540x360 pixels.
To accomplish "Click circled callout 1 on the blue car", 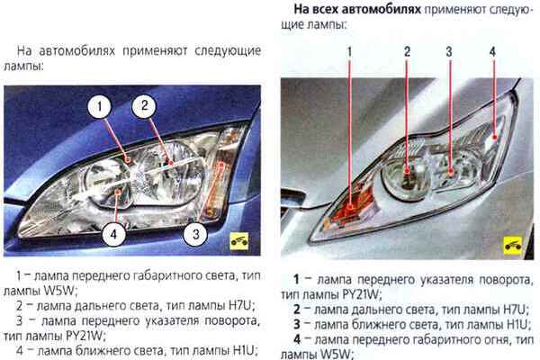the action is (x=100, y=106).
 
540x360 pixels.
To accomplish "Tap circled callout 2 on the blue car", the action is (x=145, y=105).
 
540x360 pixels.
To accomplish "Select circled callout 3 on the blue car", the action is (x=195, y=234).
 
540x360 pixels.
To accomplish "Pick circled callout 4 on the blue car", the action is (x=113, y=234).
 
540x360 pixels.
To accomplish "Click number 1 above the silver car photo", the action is (x=349, y=51).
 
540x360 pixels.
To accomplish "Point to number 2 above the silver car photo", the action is (x=407, y=51).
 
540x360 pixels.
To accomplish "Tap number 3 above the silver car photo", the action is (x=449, y=51).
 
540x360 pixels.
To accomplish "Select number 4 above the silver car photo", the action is (x=493, y=51).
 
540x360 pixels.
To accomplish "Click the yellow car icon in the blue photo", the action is (x=239, y=241).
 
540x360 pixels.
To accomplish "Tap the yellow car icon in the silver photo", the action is (x=513, y=246).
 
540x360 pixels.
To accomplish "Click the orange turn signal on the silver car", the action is (x=352, y=207).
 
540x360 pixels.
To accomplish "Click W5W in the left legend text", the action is (x=58, y=291).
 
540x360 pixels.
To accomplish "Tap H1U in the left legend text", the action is (x=245, y=350).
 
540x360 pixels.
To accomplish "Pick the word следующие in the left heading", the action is (x=228, y=51).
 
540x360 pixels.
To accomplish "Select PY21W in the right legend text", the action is (x=361, y=294).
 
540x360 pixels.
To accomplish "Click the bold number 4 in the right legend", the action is (x=297, y=339).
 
